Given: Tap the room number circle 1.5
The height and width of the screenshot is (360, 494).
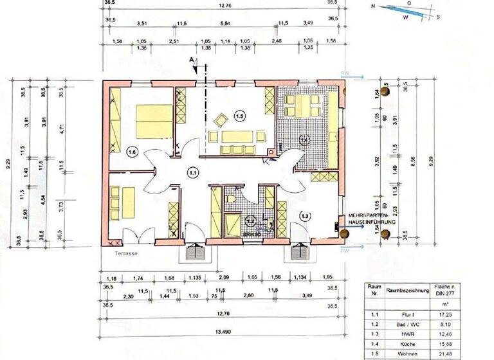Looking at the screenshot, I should [x=239, y=116].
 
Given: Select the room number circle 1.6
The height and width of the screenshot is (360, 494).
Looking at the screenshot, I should [x=133, y=152].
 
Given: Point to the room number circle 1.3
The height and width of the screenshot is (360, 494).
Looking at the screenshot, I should [x=305, y=215].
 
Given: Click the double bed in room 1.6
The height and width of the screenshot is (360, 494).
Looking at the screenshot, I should [x=154, y=122].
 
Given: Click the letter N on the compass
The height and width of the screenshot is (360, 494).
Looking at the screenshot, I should [x=373, y=6].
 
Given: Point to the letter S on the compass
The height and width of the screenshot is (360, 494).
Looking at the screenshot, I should [x=437, y=17].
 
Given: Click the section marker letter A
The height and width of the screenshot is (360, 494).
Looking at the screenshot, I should [x=190, y=60].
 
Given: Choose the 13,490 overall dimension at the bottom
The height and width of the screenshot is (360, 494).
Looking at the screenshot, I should [x=223, y=334].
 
